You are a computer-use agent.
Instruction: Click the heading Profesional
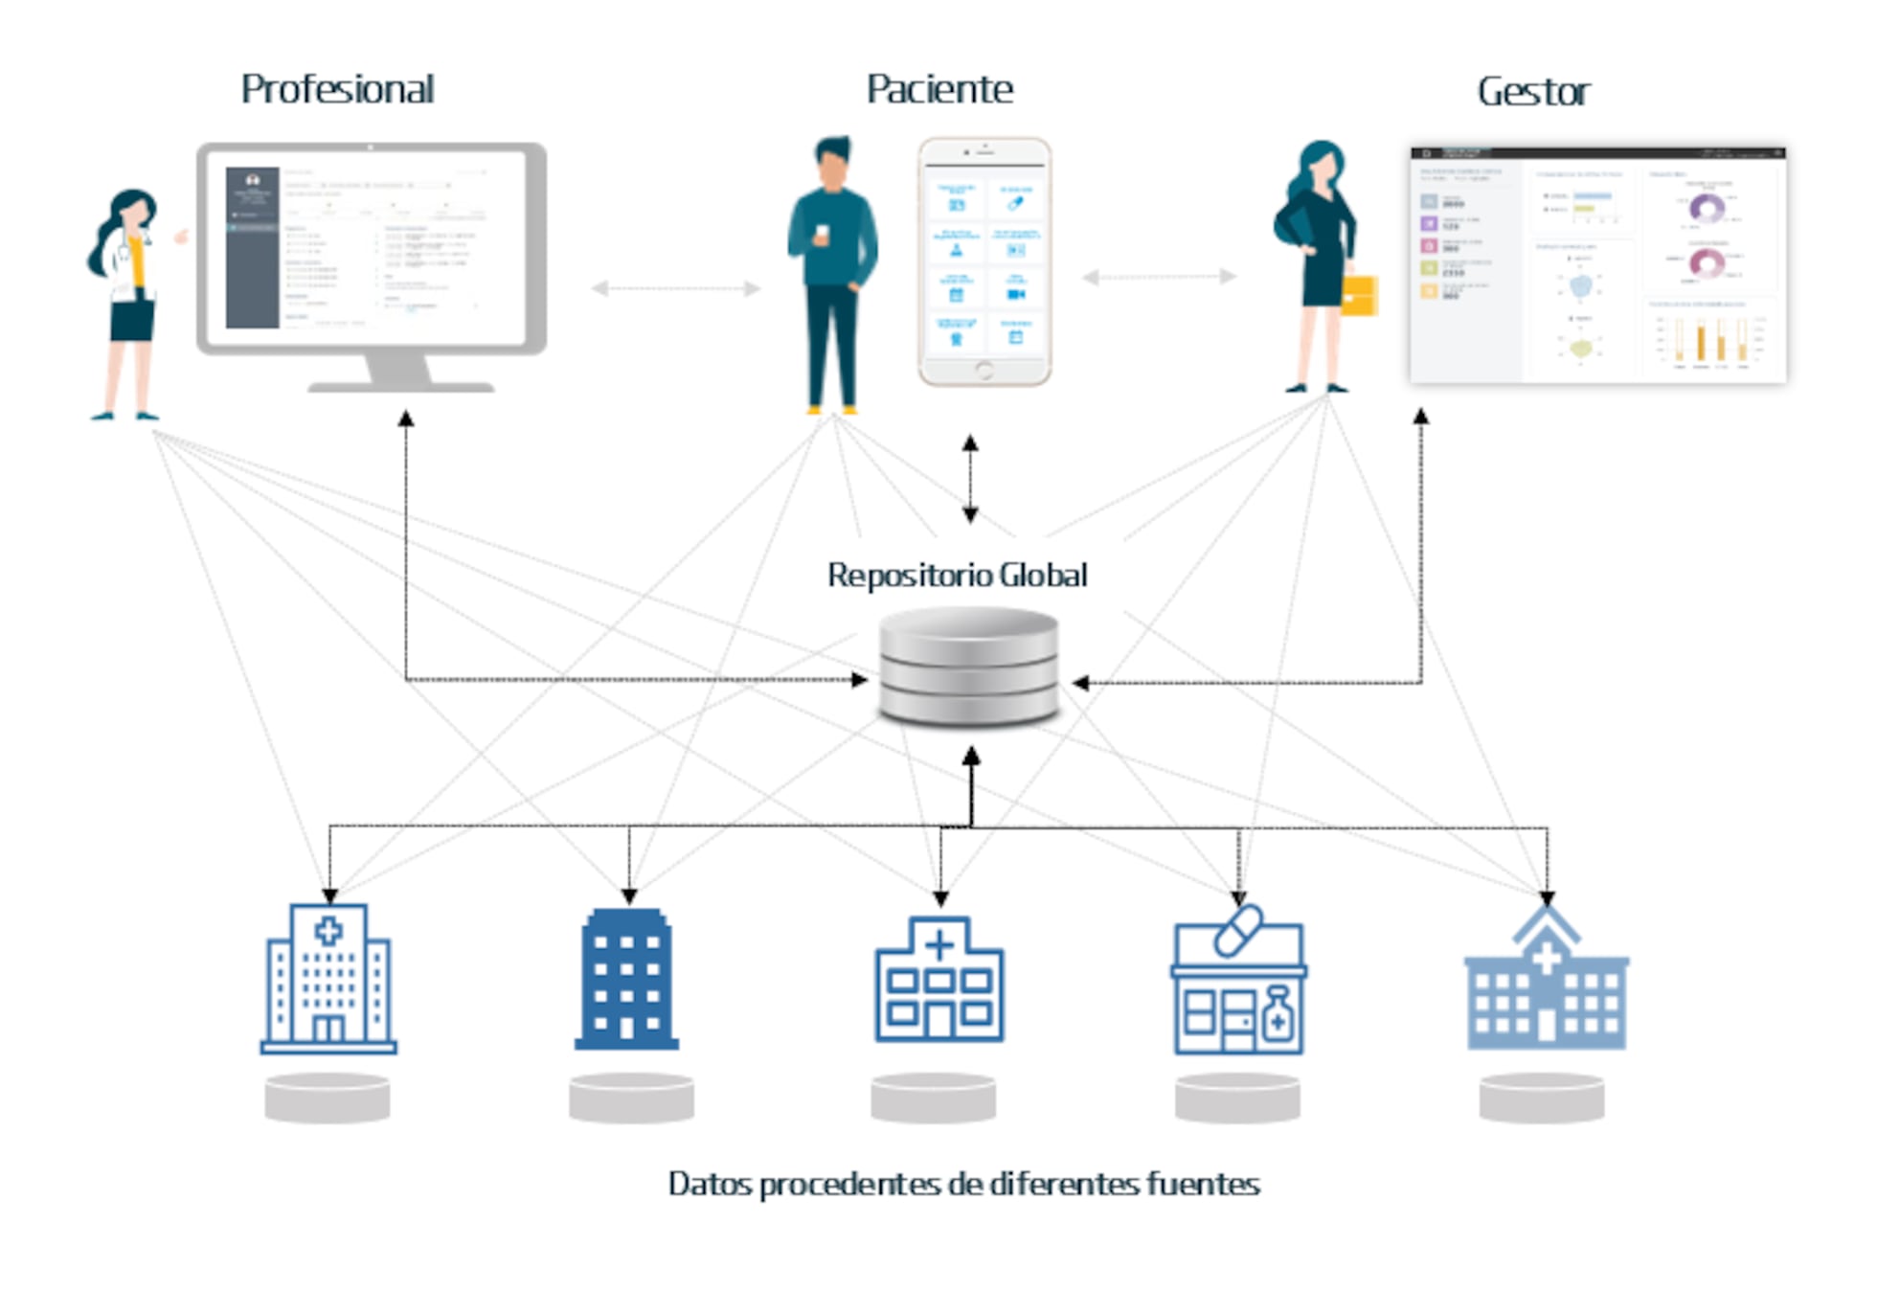(337, 89)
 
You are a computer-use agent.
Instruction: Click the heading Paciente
(938, 89)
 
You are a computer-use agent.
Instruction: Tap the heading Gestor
(1533, 92)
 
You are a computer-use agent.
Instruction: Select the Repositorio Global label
(957, 575)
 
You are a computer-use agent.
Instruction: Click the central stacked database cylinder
(968, 668)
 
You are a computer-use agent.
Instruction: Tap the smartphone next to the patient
(984, 260)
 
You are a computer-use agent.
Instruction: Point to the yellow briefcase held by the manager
(1360, 295)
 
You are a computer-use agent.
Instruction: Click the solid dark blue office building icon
(627, 979)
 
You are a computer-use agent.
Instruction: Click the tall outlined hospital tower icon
(328, 979)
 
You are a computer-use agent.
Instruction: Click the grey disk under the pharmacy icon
(1237, 1098)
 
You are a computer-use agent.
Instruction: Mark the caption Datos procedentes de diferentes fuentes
(963, 1184)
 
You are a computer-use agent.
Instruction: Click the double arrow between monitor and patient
(675, 287)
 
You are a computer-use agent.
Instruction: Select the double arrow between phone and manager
(1159, 277)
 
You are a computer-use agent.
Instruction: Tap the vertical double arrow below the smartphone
(970, 479)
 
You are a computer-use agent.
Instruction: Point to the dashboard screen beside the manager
(1597, 265)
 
